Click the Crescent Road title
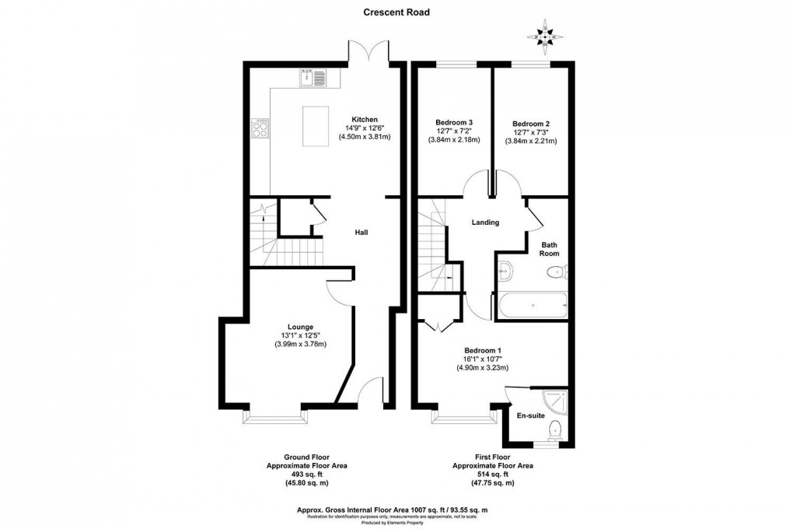[396, 12]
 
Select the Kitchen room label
[364, 119]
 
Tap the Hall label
[362, 232]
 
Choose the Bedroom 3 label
[454, 122]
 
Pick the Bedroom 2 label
[531, 123]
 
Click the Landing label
[485, 222]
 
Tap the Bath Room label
[550, 248]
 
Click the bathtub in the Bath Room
[532, 305]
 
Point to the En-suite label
[530, 415]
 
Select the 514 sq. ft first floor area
[492, 474]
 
